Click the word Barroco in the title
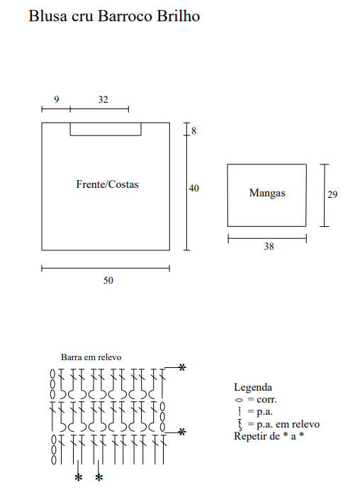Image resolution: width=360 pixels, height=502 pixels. tap(125, 16)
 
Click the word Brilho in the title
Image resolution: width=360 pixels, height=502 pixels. tap(179, 16)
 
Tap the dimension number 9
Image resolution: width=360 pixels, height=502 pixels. tap(56, 99)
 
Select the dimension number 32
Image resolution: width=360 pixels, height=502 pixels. tap(103, 99)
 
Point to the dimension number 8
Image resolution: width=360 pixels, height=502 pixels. tap(193, 130)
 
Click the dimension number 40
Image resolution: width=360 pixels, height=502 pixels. tap(193, 188)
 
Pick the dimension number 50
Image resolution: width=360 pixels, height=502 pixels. tap(108, 280)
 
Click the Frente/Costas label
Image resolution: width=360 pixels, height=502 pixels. tap(107, 184)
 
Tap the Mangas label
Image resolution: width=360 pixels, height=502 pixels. tap(267, 193)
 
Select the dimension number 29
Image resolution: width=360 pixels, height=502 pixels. tap(332, 194)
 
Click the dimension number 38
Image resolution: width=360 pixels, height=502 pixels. tap(269, 246)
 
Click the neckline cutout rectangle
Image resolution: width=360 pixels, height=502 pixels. tap(106, 135)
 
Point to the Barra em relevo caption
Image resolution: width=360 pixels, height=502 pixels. tap(91, 357)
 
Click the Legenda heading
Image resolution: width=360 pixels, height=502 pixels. tap(253, 387)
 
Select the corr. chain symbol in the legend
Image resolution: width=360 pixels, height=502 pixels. tap(239, 400)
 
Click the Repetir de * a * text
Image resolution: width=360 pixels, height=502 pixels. tap(269, 436)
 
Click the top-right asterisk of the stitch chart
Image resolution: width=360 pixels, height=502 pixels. tap(182, 367)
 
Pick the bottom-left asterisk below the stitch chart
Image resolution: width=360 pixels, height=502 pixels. tap(79, 478)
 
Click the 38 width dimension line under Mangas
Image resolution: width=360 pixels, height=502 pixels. tap(267, 238)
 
